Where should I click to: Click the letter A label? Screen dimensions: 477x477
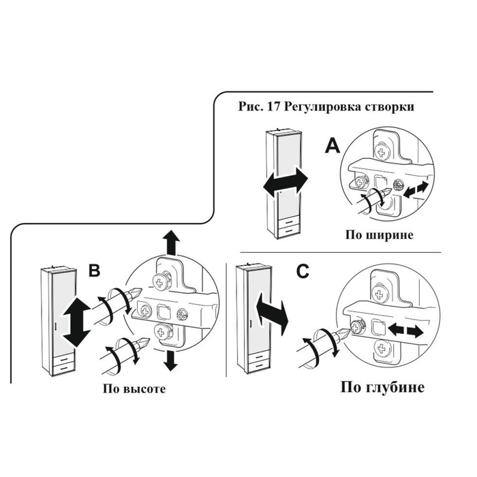coord(333,145)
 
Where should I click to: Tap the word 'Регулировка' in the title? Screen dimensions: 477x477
coord(321,108)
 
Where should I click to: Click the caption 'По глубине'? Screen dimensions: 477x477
coord(382,387)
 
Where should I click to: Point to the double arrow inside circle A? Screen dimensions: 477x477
coord(416,190)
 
